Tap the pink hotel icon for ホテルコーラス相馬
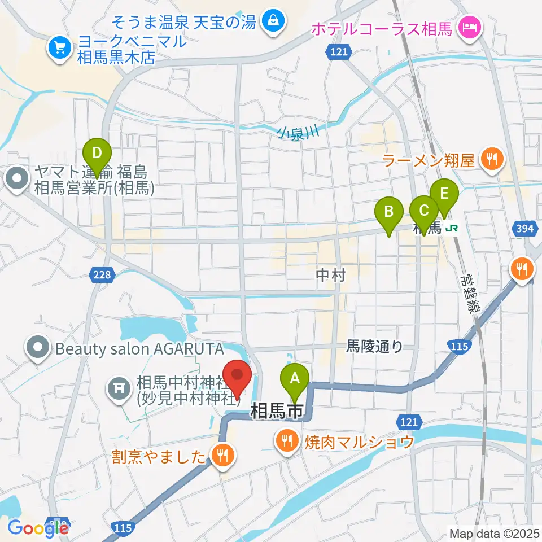(x=469, y=26)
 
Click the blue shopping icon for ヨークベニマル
(x=58, y=48)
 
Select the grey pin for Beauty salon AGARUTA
(x=38, y=347)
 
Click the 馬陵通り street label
(x=374, y=347)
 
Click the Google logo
(x=37, y=528)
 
